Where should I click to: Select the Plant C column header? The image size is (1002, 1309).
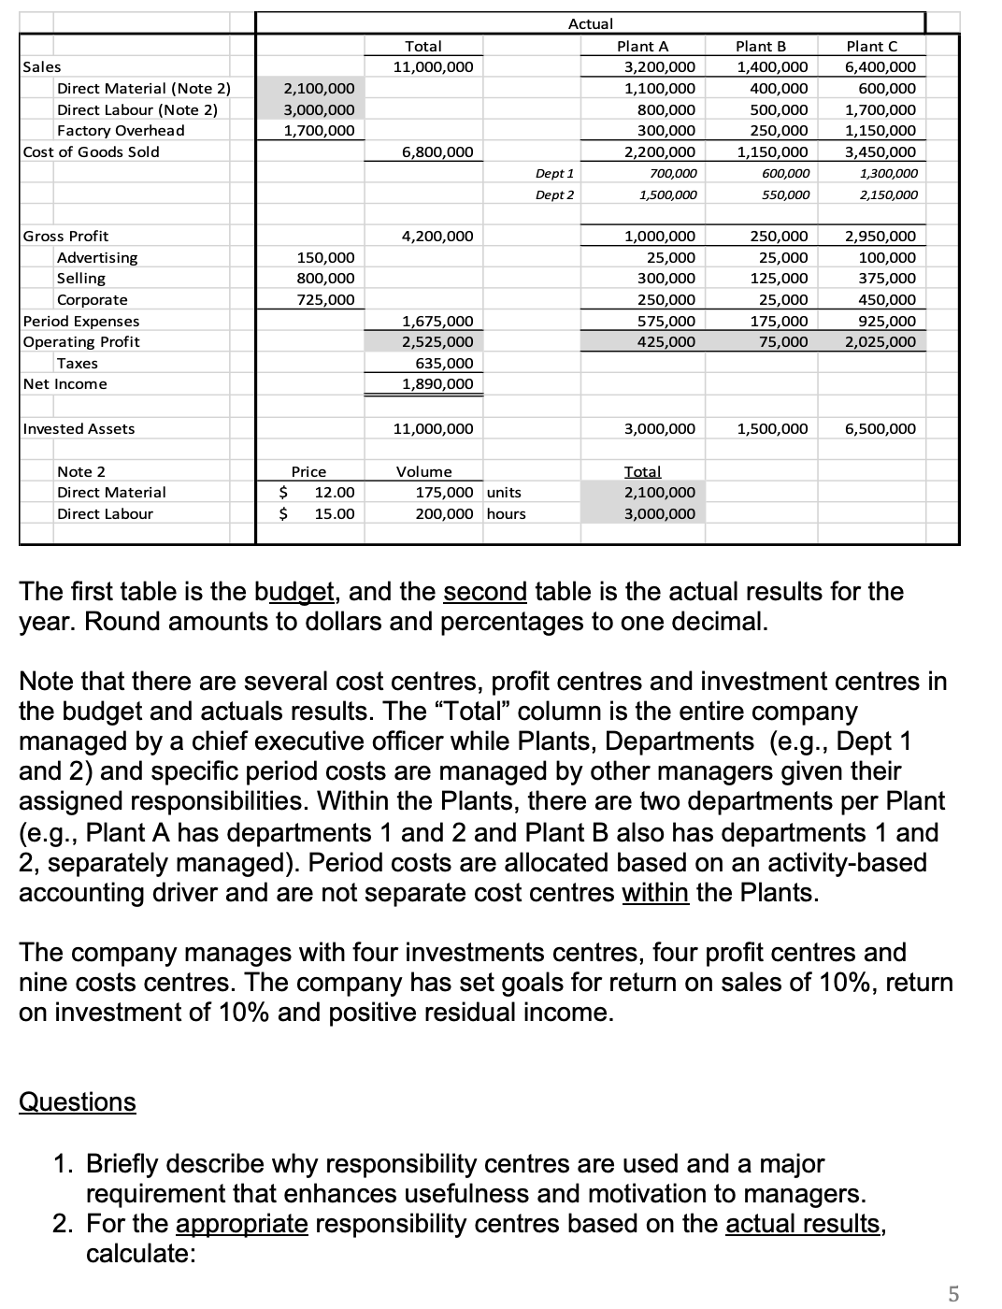(x=871, y=46)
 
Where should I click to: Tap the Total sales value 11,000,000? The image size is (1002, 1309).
(x=433, y=66)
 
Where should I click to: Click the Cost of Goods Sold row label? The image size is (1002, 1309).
(x=91, y=151)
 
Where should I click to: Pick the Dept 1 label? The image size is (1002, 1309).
(x=554, y=173)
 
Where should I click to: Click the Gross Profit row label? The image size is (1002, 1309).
(x=65, y=236)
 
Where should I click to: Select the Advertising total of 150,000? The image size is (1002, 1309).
(x=325, y=257)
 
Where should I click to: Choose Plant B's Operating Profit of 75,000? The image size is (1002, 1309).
(x=784, y=341)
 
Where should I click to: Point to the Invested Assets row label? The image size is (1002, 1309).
(x=79, y=428)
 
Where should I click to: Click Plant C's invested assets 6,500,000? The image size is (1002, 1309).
(x=880, y=428)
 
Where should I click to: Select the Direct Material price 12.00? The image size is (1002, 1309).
(x=334, y=492)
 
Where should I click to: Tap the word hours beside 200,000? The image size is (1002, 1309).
(x=507, y=513)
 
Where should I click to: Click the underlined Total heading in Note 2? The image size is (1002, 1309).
(x=642, y=471)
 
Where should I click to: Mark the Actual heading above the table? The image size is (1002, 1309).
(x=591, y=23)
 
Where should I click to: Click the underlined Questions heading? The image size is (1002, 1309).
(x=78, y=1101)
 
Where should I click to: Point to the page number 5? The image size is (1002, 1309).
(x=952, y=1294)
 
